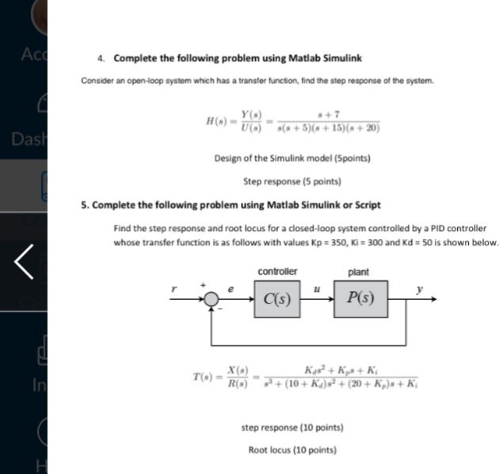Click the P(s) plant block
point(360,300)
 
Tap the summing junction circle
point(211,300)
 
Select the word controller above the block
point(277,272)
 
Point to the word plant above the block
point(358,272)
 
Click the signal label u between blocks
point(317,290)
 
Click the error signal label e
point(233,290)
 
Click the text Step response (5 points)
point(292,181)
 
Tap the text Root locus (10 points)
point(292,449)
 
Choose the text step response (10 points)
point(292,428)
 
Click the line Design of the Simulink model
point(292,158)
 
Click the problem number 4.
point(101,59)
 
